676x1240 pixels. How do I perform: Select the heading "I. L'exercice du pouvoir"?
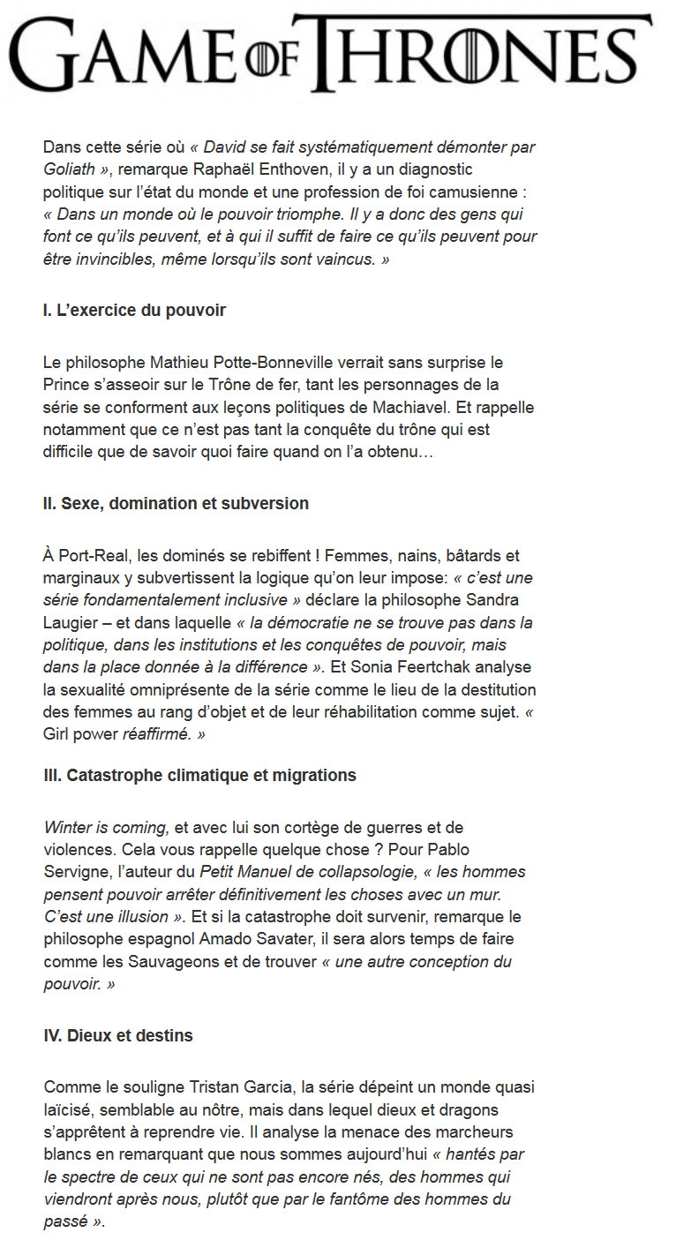134,311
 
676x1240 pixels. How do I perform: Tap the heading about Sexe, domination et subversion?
176,504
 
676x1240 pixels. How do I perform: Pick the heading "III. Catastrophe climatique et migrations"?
199,776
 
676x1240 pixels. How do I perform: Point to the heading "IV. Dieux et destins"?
117,1035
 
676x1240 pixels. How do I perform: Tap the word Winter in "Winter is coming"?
67,828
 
